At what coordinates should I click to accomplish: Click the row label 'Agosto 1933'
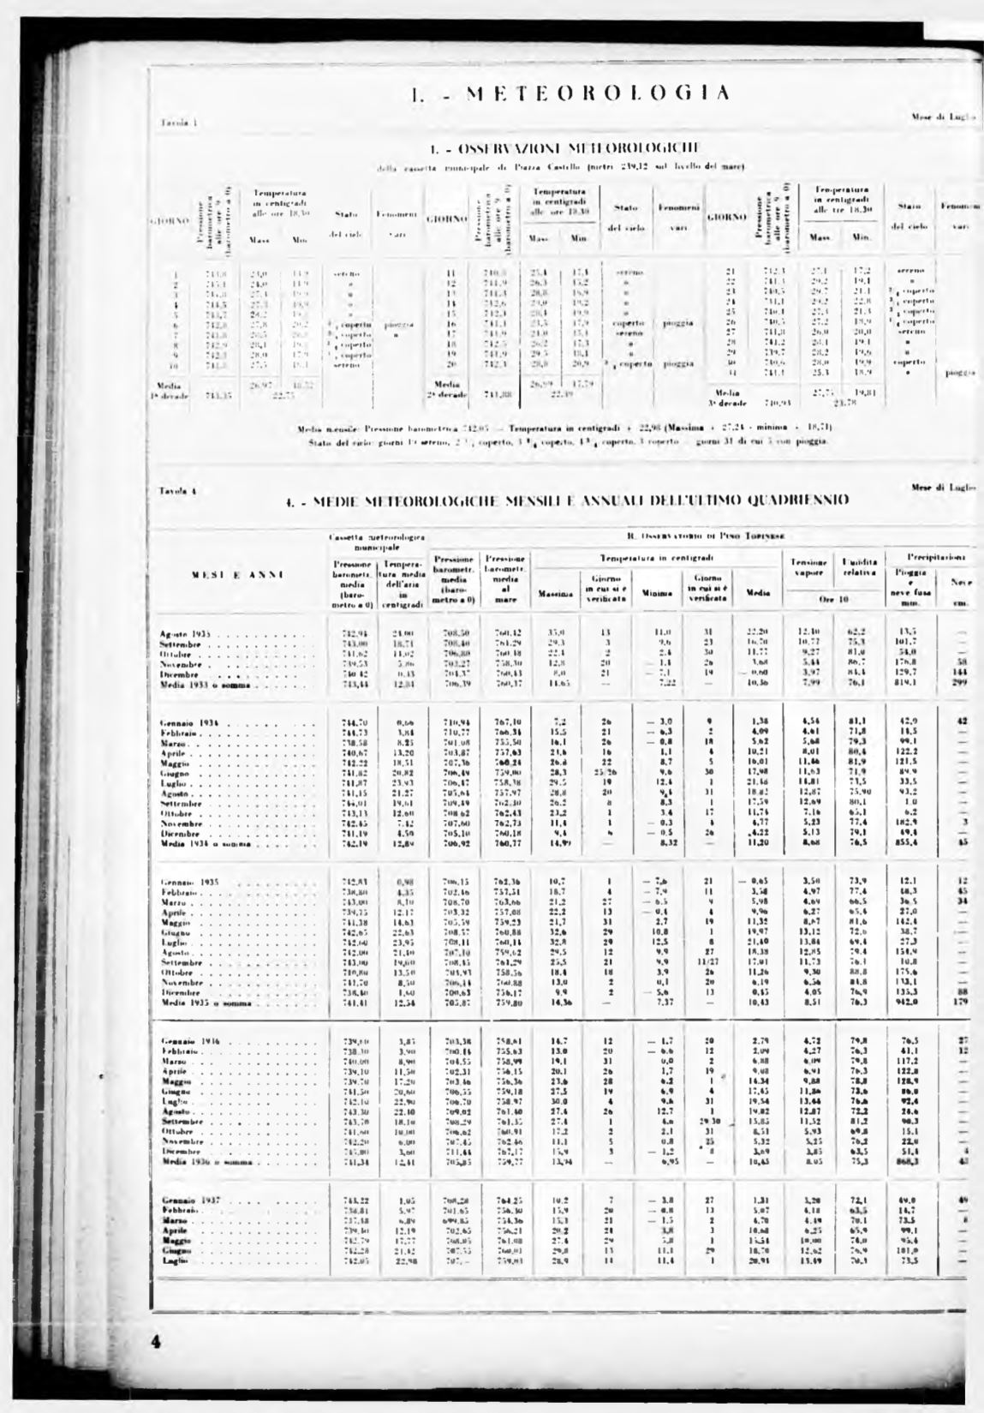coord(185,633)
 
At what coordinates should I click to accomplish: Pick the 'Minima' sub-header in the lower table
coord(657,592)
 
